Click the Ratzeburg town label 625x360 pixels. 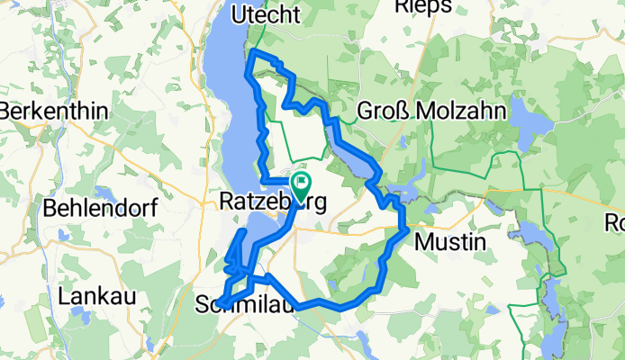(267, 203)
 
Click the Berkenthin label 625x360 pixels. (55, 112)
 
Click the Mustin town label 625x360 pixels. (448, 241)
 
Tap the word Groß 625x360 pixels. (376, 112)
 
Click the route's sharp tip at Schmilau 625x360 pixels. (220, 302)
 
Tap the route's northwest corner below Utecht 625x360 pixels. (251, 58)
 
